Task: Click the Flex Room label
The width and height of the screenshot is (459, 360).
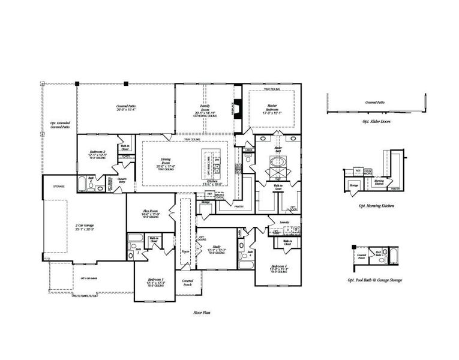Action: pyautogui.click(x=149, y=212)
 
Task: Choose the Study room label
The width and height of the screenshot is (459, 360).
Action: pyautogui.click(x=215, y=249)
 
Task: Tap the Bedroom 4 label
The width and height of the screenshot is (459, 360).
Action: pyautogui.click(x=280, y=267)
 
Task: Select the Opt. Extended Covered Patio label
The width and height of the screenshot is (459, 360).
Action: pyautogui.click(x=60, y=125)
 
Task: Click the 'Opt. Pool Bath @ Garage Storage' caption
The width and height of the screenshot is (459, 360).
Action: pyautogui.click(x=375, y=280)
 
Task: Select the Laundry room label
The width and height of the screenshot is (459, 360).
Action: pyautogui.click(x=284, y=222)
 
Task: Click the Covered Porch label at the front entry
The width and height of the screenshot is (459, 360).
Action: pyautogui.click(x=188, y=282)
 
